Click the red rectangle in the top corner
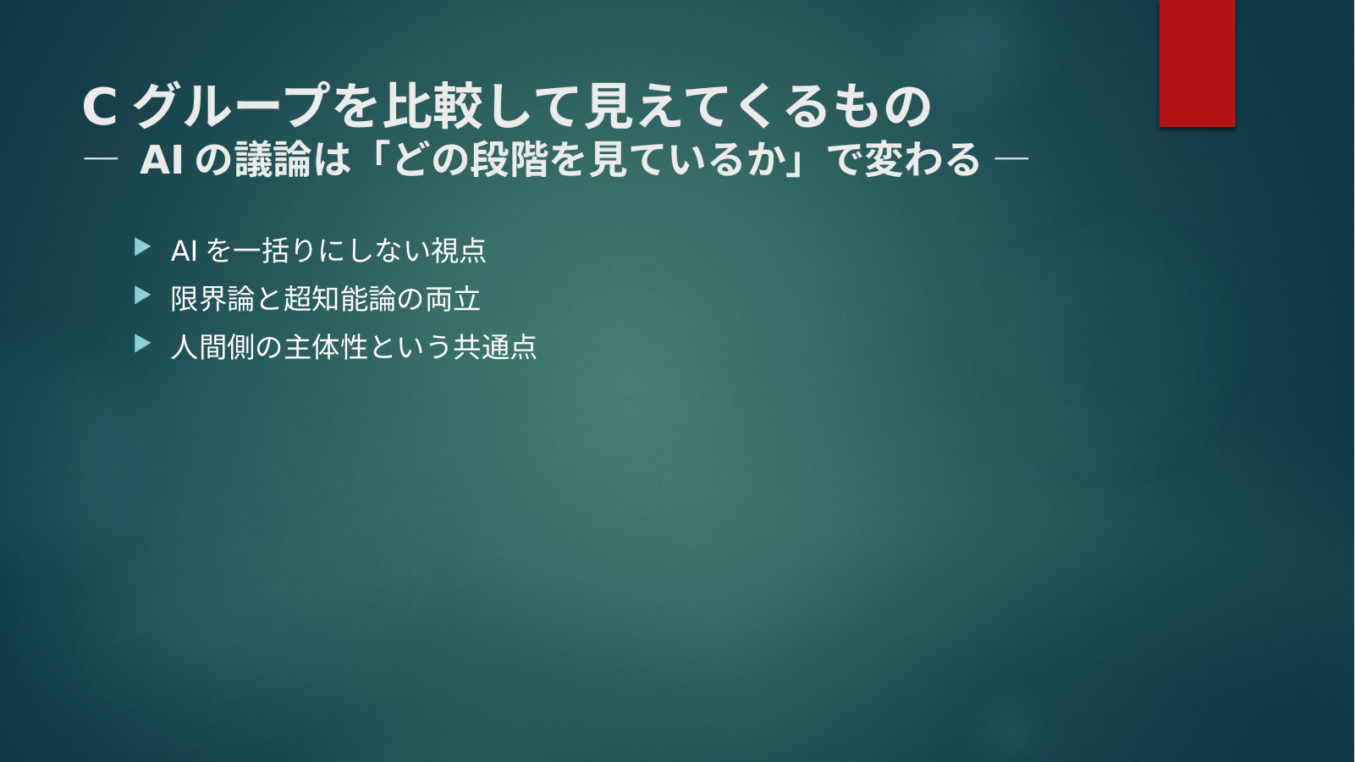click(1197, 63)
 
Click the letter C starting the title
click(100, 107)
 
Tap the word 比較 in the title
click(432, 106)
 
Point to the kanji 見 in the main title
click(609, 106)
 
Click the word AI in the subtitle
click(162, 160)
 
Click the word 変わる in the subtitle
click(922, 160)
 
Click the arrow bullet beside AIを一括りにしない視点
click(142, 247)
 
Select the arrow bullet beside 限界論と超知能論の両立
click(142, 295)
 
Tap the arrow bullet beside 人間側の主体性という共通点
click(142, 344)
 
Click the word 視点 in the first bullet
click(458, 251)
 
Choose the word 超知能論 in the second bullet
click(339, 299)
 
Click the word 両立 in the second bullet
click(453, 299)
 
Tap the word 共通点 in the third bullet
click(495, 347)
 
